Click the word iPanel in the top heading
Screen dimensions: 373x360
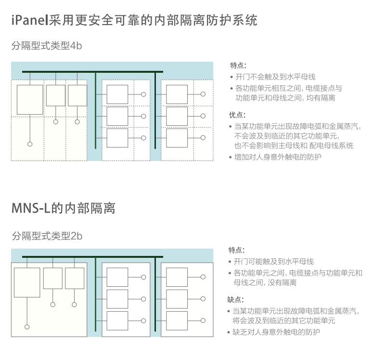point(30,20)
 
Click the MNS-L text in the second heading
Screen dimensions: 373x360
point(31,208)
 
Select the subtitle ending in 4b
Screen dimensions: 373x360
point(47,45)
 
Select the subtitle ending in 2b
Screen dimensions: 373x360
point(47,236)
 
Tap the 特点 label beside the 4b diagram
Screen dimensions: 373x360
point(238,65)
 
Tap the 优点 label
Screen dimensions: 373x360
point(237,115)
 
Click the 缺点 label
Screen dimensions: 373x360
point(235,299)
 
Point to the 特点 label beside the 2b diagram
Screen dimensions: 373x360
point(236,250)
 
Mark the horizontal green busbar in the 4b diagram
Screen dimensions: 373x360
point(92,71)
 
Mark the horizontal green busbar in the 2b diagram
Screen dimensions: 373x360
point(92,257)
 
